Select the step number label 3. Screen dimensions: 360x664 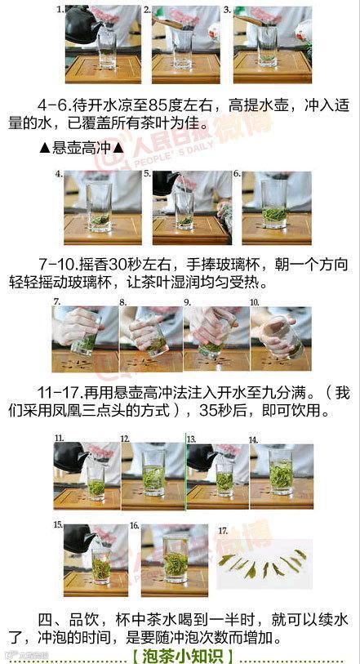point(227,9)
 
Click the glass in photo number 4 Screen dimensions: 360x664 point(100,207)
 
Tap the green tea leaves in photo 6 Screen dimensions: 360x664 point(274,214)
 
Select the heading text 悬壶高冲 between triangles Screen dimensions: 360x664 point(82,148)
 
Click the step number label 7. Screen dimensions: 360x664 point(57,302)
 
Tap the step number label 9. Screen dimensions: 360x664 point(188,302)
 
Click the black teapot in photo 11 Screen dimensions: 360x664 point(71,457)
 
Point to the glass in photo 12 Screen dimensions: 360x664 point(153,473)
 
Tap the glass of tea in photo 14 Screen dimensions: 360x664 point(281,472)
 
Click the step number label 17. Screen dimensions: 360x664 point(223,530)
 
